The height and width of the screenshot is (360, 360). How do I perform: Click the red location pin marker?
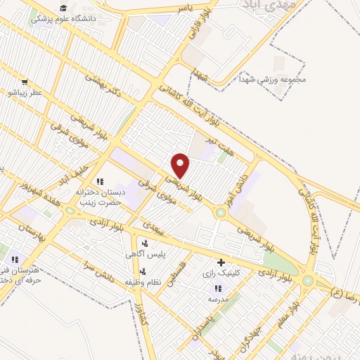click(181, 165)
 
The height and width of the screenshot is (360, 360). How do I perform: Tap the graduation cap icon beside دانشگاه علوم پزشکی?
click(63, 8)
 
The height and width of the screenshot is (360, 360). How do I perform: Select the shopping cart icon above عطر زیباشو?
click(25, 82)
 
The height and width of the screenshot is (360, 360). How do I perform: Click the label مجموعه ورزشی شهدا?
click(274, 79)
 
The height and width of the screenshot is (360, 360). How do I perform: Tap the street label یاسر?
click(184, 8)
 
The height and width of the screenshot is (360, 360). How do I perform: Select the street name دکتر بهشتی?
click(103, 84)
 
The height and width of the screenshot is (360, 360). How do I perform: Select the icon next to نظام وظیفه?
click(143, 271)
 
